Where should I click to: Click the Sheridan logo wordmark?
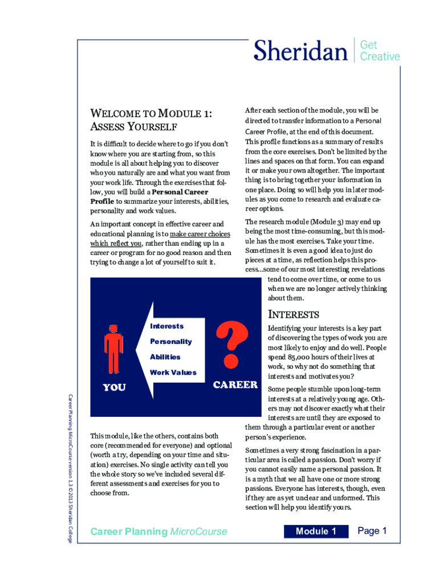click(300, 51)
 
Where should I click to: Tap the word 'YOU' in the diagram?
click(114, 388)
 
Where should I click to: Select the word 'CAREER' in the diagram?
click(235, 385)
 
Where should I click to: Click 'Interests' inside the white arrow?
click(166, 326)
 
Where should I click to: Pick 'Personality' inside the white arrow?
click(170, 342)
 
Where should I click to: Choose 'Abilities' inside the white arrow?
click(165, 357)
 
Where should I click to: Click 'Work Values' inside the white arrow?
click(173, 372)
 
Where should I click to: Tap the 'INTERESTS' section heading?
click(294, 314)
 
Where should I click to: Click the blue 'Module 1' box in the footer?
click(316, 531)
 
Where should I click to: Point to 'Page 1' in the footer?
click(372, 531)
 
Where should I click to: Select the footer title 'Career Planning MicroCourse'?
click(158, 532)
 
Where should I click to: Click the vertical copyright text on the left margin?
click(70, 467)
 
